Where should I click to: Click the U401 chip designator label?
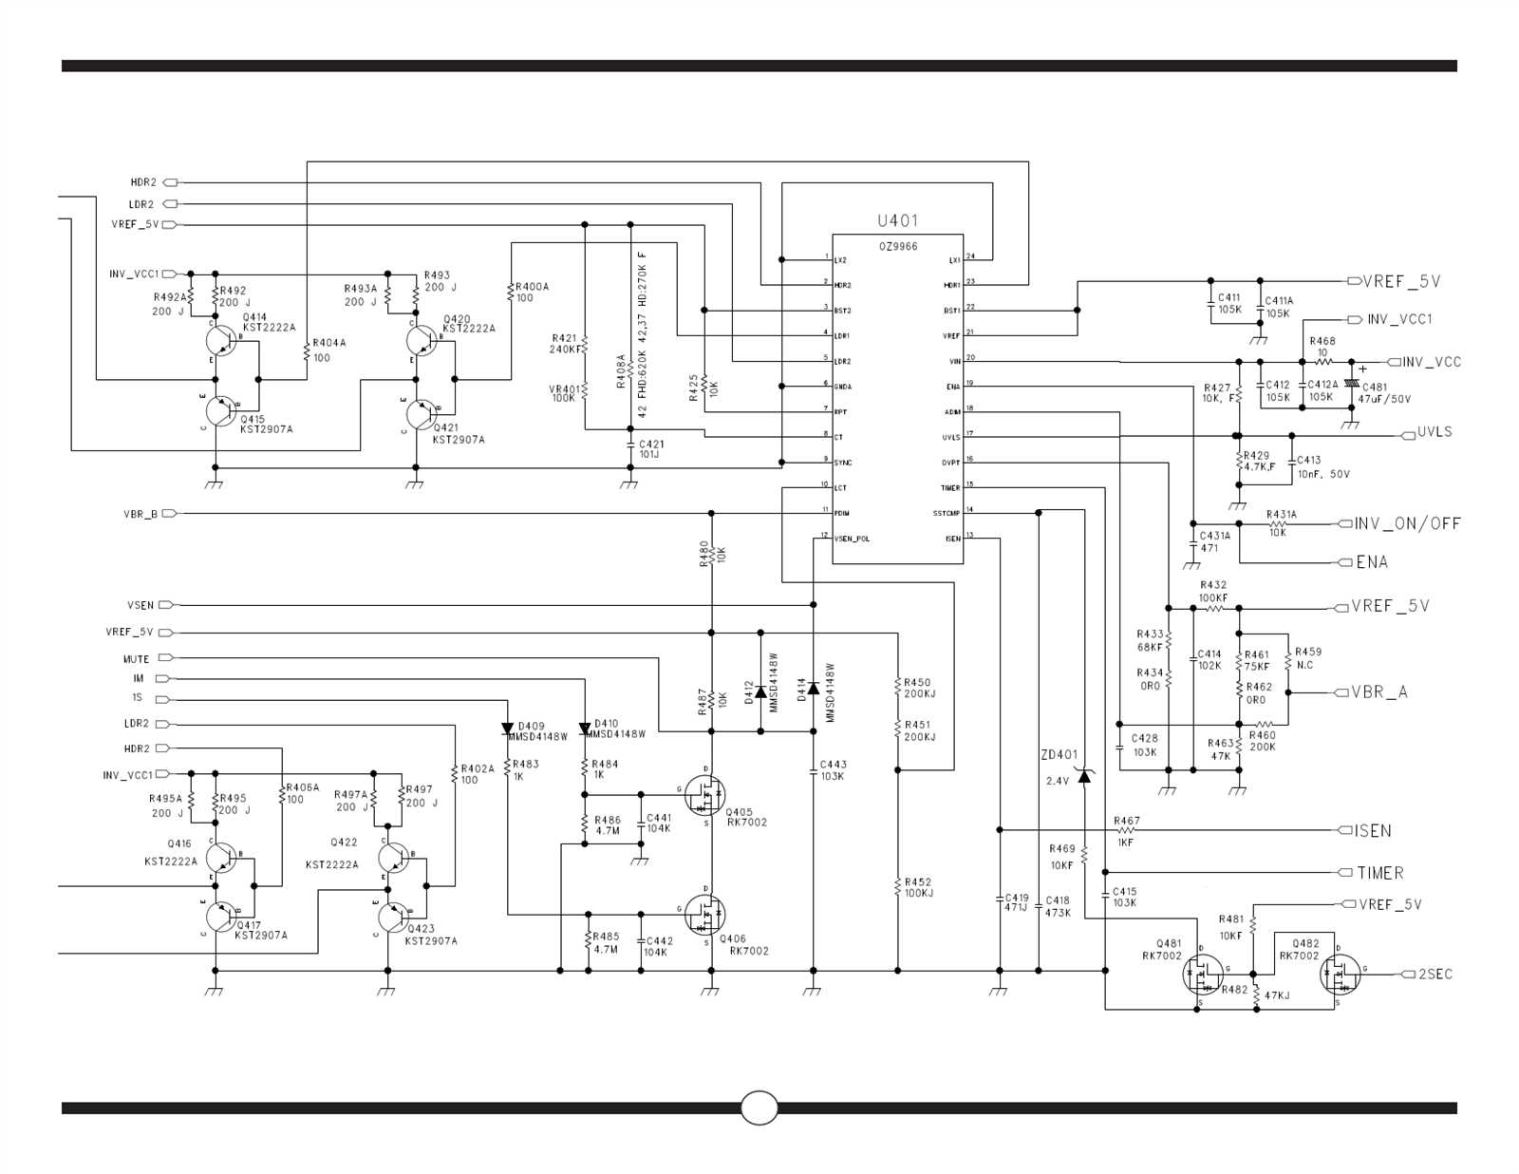pyautogui.click(x=897, y=220)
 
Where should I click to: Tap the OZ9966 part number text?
pyautogui.click(x=897, y=246)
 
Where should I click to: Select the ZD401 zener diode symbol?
pyautogui.click(x=1084, y=777)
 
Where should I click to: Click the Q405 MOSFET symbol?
pyautogui.click(x=704, y=796)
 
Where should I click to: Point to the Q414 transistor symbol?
pyautogui.click(x=220, y=341)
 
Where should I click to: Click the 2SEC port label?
pyautogui.click(x=1435, y=975)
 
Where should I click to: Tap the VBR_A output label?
pyautogui.click(x=1379, y=692)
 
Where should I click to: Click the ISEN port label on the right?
pyautogui.click(x=1373, y=830)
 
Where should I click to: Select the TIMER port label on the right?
pyautogui.click(x=1379, y=873)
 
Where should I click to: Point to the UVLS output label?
pyautogui.click(x=1435, y=432)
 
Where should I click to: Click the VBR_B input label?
pyautogui.click(x=141, y=514)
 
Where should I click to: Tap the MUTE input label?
pyautogui.click(x=136, y=658)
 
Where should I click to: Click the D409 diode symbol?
pyautogui.click(x=508, y=729)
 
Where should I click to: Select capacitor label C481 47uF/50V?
pyautogui.click(x=1385, y=393)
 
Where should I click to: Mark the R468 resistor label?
pyautogui.click(x=1322, y=341)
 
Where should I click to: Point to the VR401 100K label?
pyautogui.click(x=564, y=393)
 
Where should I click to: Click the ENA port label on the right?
pyautogui.click(x=1372, y=562)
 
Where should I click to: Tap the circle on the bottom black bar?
pyautogui.click(x=759, y=1108)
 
